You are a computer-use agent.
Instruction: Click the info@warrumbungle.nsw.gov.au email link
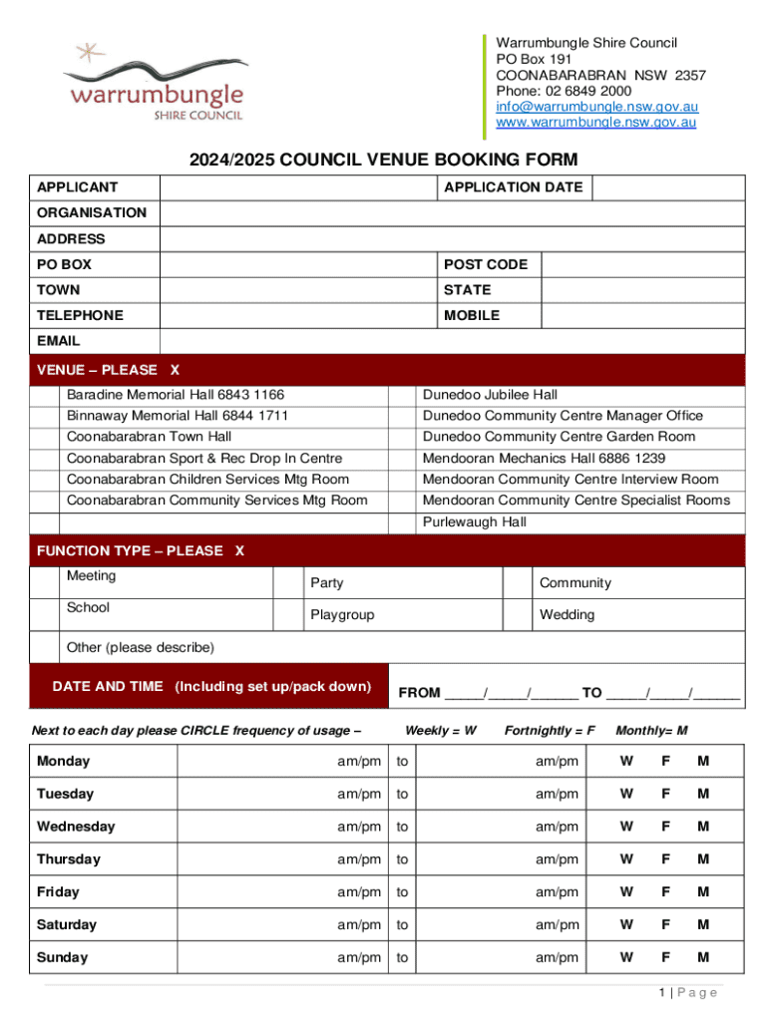coord(596,107)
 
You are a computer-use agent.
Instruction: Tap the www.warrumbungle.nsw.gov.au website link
coord(596,123)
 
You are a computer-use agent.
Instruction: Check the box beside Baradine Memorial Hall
coord(45,395)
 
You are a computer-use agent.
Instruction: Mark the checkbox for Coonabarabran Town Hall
coord(45,437)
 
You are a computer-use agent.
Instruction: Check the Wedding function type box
coord(517,615)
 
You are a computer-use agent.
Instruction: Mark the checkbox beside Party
coord(288,583)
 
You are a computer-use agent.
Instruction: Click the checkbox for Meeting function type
coord(45,583)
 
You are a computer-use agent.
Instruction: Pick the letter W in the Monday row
coord(626,762)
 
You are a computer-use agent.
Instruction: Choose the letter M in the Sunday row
coord(703,957)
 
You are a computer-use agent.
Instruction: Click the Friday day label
coord(58,892)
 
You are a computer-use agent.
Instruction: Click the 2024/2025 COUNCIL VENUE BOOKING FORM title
coord(384,161)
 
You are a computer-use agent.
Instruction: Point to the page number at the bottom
coord(687,992)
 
